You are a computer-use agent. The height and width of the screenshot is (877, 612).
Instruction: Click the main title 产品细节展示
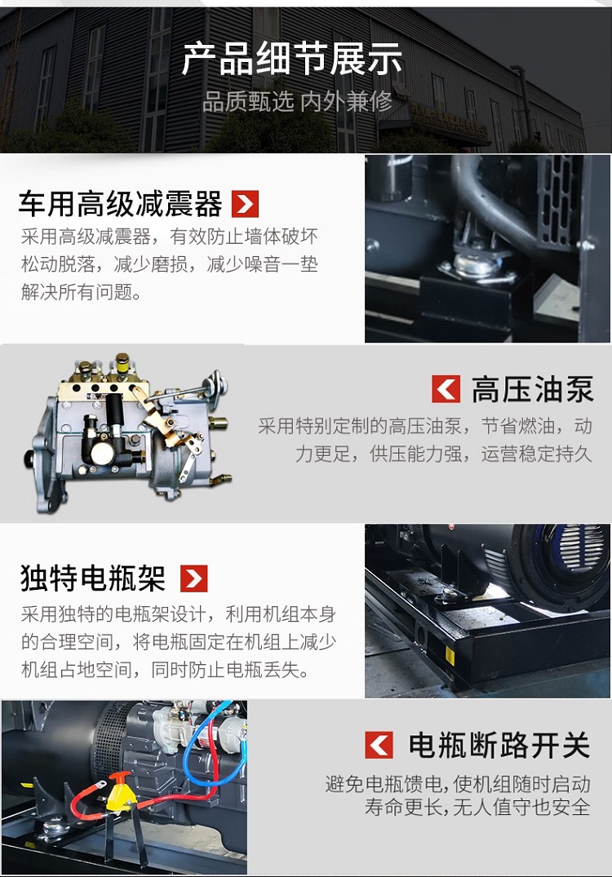click(x=291, y=59)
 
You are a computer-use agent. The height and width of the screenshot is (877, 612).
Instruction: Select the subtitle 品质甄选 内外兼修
click(x=297, y=102)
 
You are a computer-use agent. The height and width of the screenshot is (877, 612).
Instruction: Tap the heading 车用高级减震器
click(x=120, y=204)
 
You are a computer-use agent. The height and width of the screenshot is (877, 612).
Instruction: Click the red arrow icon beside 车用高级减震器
click(x=245, y=204)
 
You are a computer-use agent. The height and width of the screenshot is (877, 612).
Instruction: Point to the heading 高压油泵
click(x=532, y=389)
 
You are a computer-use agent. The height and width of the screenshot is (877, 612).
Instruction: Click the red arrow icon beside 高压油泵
click(x=446, y=389)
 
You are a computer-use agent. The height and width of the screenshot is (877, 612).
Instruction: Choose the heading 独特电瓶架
click(x=92, y=578)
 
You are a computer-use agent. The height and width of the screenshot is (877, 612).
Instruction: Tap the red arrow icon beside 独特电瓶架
click(x=193, y=578)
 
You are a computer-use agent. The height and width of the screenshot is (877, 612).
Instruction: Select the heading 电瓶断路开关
click(x=499, y=745)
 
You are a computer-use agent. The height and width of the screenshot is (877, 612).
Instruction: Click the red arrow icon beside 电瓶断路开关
click(x=379, y=745)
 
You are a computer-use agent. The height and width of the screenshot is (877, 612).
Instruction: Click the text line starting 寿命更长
click(x=477, y=808)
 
